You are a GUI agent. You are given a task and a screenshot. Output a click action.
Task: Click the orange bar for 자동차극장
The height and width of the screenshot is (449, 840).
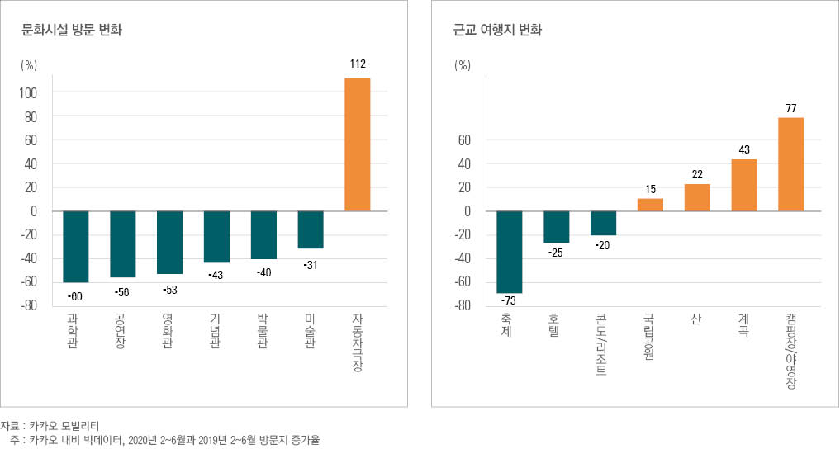point(357,144)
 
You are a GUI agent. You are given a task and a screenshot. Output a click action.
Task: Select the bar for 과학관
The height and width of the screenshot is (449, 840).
point(75,246)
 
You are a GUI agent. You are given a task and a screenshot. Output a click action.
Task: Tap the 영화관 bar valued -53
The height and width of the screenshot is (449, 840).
point(169,242)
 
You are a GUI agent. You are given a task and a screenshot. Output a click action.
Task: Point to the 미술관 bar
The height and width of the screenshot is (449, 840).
point(311,229)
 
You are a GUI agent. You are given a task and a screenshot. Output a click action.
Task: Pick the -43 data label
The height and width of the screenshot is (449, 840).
point(216,273)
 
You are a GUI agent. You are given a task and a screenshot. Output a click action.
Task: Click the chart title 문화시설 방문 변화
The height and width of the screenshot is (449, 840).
point(74,31)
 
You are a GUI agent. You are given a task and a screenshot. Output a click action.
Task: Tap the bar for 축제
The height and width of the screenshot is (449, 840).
point(509,252)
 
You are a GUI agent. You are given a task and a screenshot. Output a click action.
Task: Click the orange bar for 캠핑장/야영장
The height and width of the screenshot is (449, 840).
point(790,164)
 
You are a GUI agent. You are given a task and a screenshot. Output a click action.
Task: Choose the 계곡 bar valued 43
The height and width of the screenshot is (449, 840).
point(744,185)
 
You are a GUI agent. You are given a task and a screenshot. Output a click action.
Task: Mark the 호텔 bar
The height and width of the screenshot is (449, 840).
point(556,227)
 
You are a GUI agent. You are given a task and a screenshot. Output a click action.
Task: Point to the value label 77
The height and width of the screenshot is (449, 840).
point(790,107)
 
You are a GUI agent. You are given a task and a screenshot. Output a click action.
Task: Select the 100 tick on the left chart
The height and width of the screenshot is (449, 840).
point(28,92)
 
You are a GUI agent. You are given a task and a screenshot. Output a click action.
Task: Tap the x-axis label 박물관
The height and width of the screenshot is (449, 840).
point(263,331)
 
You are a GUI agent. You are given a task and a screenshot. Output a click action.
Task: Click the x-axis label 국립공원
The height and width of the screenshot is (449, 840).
point(650,335)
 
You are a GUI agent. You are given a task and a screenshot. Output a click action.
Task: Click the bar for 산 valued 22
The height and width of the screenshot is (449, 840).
point(697,197)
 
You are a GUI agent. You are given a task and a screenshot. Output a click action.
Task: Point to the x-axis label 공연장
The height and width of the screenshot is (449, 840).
point(122,331)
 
